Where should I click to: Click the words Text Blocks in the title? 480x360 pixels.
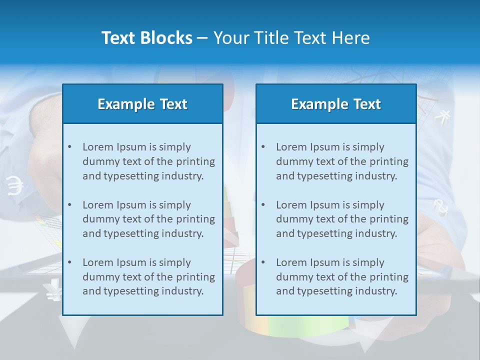146,38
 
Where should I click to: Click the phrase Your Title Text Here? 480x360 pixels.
291,38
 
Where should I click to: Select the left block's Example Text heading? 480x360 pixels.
142,104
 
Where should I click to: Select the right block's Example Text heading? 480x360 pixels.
336,104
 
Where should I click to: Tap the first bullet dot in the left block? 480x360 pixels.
69,147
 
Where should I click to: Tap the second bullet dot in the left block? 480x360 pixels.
69,205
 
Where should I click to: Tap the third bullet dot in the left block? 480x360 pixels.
69,262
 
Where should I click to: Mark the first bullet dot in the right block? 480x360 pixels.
263,147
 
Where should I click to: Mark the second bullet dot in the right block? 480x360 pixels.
263,205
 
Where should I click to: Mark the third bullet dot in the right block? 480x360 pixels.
263,262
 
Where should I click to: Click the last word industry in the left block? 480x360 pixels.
183,291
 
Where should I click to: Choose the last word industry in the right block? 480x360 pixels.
377,291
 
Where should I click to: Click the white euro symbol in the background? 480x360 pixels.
15,185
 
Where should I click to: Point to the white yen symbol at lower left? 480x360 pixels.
52,290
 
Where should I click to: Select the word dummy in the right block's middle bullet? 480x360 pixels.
292,219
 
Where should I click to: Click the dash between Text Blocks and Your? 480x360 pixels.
202,38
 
